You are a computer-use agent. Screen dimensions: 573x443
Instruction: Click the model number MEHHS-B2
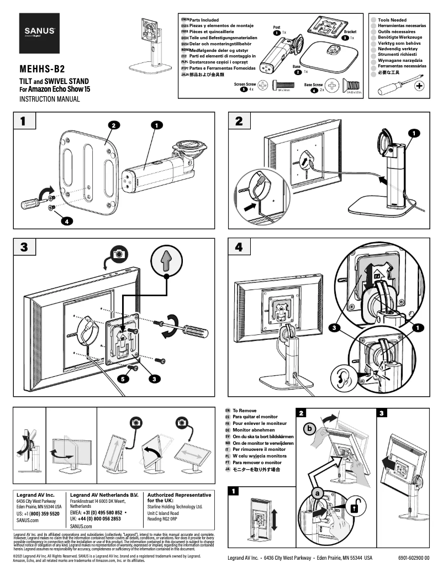[x=42, y=70]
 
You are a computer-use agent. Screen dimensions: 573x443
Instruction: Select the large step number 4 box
[x=239, y=247]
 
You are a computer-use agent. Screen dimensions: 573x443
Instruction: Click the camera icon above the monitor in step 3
[x=118, y=253]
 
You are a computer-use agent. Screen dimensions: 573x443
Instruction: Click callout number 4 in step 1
[x=66, y=221]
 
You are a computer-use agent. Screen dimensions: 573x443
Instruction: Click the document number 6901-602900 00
[x=413, y=558]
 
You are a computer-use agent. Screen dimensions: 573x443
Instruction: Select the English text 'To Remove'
[x=245, y=411]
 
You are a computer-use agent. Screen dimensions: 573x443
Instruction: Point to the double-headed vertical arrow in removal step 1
[x=275, y=513]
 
